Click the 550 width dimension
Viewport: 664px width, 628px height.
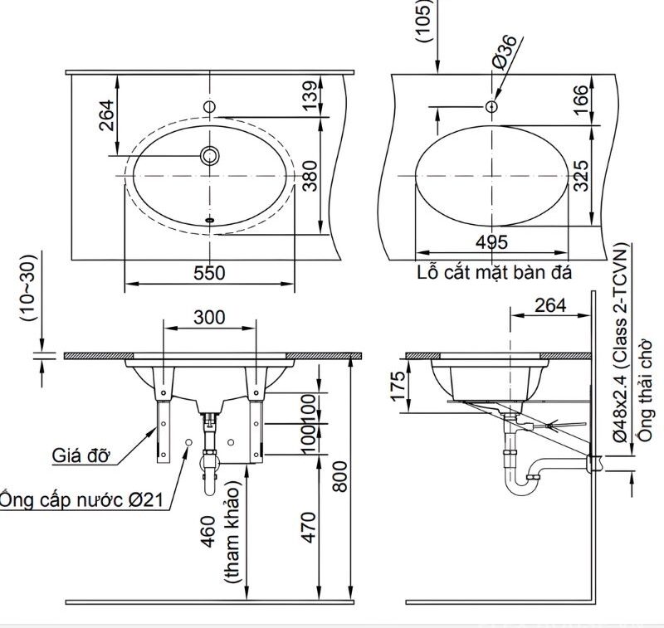[210, 273]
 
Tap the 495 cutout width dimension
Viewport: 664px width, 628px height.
[491, 242]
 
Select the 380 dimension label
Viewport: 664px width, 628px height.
[310, 176]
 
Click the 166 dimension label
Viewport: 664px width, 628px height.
[581, 100]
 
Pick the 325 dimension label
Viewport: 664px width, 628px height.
[581, 176]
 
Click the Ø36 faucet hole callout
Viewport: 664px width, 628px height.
[505, 51]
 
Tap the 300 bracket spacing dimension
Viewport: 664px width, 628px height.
[210, 317]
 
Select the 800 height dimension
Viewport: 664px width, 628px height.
[339, 476]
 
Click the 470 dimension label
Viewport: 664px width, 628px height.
[309, 528]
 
